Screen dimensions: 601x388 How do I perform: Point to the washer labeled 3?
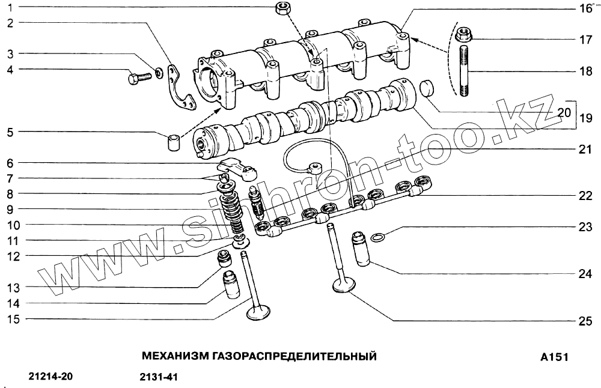pyautogui.click(x=159, y=73)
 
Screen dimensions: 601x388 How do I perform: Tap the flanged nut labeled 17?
pyautogui.click(x=463, y=35)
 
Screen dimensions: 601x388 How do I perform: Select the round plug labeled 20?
pyautogui.click(x=427, y=88)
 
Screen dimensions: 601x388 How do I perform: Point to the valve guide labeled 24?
pyautogui.click(x=362, y=247)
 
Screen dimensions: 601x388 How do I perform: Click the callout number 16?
pyautogui.click(x=585, y=8)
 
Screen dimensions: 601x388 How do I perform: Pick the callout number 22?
pyautogui.click(x=585, y=196)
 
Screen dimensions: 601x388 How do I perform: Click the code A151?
pyautogui.click(x=554, y=357)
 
